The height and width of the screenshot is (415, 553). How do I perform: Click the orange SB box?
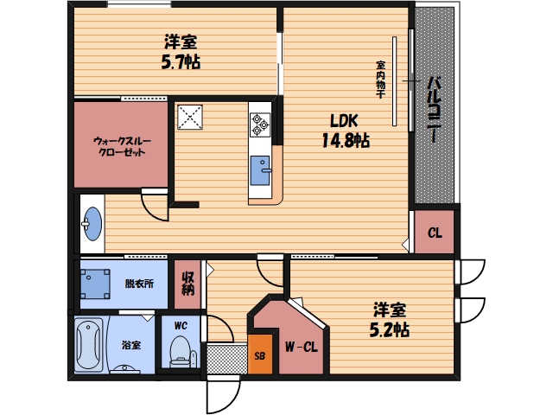click(260, 354)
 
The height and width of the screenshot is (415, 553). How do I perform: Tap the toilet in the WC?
click(181, 352)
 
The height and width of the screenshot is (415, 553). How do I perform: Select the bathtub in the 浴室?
click(88, 344)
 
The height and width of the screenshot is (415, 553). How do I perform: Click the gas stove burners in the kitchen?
click(260, 124)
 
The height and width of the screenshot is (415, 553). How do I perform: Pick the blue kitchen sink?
click(260, 170)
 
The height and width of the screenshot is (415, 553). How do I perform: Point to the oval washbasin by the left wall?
click(92, 224)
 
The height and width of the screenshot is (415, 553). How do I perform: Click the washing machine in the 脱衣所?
click(95, 284)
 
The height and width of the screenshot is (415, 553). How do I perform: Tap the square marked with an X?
click(190, 118)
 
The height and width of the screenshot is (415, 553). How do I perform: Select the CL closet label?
click(435, 233)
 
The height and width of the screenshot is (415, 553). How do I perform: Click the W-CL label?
click(302, 347)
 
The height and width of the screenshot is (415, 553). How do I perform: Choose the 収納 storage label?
click(188, 283)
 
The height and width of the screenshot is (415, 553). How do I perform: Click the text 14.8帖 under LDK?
click(346, 140)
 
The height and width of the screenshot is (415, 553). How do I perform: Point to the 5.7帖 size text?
click(181, 62)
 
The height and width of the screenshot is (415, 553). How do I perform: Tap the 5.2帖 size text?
click(390, 330)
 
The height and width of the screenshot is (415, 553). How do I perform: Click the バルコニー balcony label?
click(435, 110)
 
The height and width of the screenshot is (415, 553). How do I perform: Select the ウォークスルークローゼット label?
click(122, 146)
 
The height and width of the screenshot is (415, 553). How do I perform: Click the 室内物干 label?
click(380, 80)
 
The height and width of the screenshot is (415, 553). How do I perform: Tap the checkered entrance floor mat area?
click(227, 359)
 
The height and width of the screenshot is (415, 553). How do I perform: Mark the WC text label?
click(181, 325)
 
